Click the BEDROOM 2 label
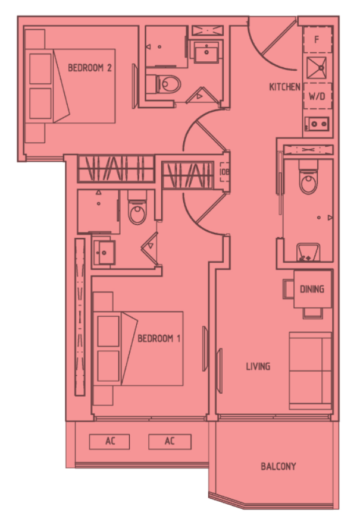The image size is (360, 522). [89, 68]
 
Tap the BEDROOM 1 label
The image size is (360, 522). [159, 338]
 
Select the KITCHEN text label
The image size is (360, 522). [284, 87]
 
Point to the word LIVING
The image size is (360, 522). [258, 367]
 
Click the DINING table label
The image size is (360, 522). [312, 289]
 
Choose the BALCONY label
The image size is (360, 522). [278, 466]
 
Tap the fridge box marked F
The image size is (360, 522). [318, 40]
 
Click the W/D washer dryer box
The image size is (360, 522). [318, 96]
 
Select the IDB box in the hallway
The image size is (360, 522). [225, 172]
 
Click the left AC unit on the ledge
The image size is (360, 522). [109, 441]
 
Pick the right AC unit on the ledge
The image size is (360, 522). [170, 441]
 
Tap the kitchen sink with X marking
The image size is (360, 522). [317, 68]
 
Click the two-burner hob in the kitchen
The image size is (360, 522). [318, 124]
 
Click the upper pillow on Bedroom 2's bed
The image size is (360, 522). [40, 69]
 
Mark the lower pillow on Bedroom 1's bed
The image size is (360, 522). [108, 366]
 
